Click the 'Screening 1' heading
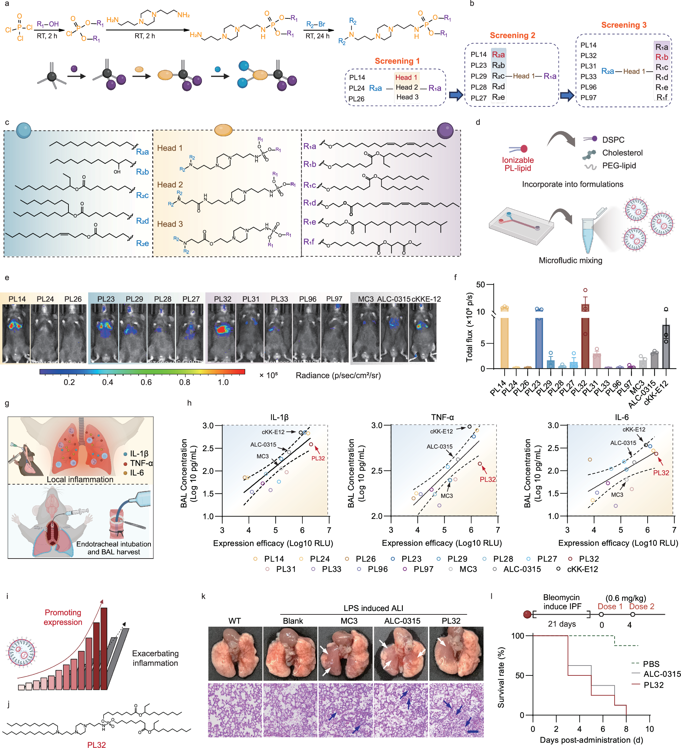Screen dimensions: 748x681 point(397,61)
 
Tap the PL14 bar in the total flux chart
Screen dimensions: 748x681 point(504,338)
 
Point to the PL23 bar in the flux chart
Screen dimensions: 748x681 point(539,338)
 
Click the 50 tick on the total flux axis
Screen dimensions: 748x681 point(480,285)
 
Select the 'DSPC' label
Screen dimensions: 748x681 point(613,140)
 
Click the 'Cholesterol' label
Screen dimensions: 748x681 point(622,153)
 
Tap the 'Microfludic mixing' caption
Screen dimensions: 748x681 point(570,260)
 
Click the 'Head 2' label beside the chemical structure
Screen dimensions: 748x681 point(170,185)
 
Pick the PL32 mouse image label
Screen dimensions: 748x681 point(222,299)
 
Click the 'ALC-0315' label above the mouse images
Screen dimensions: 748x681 point(393,299)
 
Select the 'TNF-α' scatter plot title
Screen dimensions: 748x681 point(442,417)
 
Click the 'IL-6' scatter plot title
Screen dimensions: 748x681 point(621,417)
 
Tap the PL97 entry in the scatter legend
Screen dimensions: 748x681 point(423,569)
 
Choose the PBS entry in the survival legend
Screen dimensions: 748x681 point(651,664)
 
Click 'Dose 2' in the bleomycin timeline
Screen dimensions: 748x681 point(642,607)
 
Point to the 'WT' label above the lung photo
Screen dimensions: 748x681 point(235,621)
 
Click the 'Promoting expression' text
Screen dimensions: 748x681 point(63,617)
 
